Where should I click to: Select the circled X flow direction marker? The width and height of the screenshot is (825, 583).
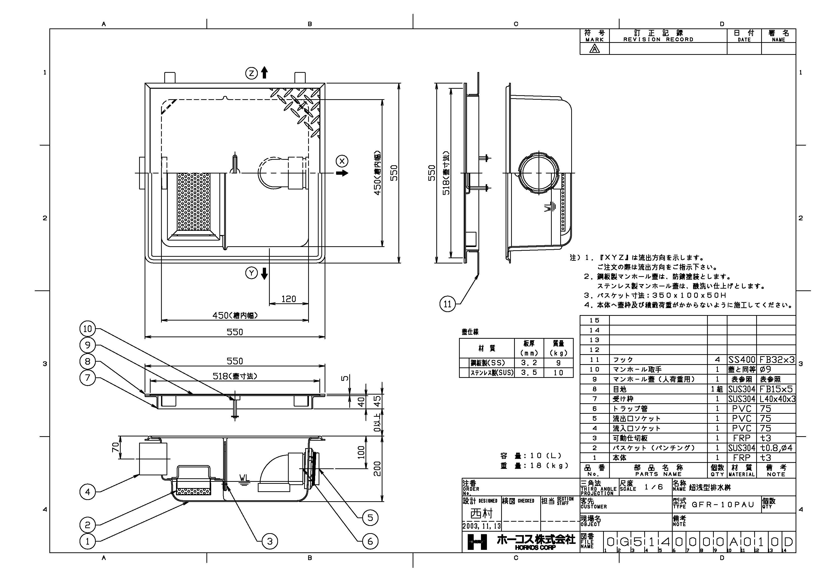[x=342, y=161]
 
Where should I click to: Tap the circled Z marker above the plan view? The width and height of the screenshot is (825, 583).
[x=252, y=74]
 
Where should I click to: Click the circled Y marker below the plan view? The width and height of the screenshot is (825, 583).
[x=252, y=273]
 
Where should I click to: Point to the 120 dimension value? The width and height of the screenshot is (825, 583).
[x=288, y=299]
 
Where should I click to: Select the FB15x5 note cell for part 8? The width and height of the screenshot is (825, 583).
[x=776, y=389]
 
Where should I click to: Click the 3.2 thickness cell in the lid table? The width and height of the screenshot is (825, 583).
[x=529, y=363]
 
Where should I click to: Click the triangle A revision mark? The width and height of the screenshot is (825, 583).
[x=594, y=49]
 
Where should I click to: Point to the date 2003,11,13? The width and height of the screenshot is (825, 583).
[x=481, y=526]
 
